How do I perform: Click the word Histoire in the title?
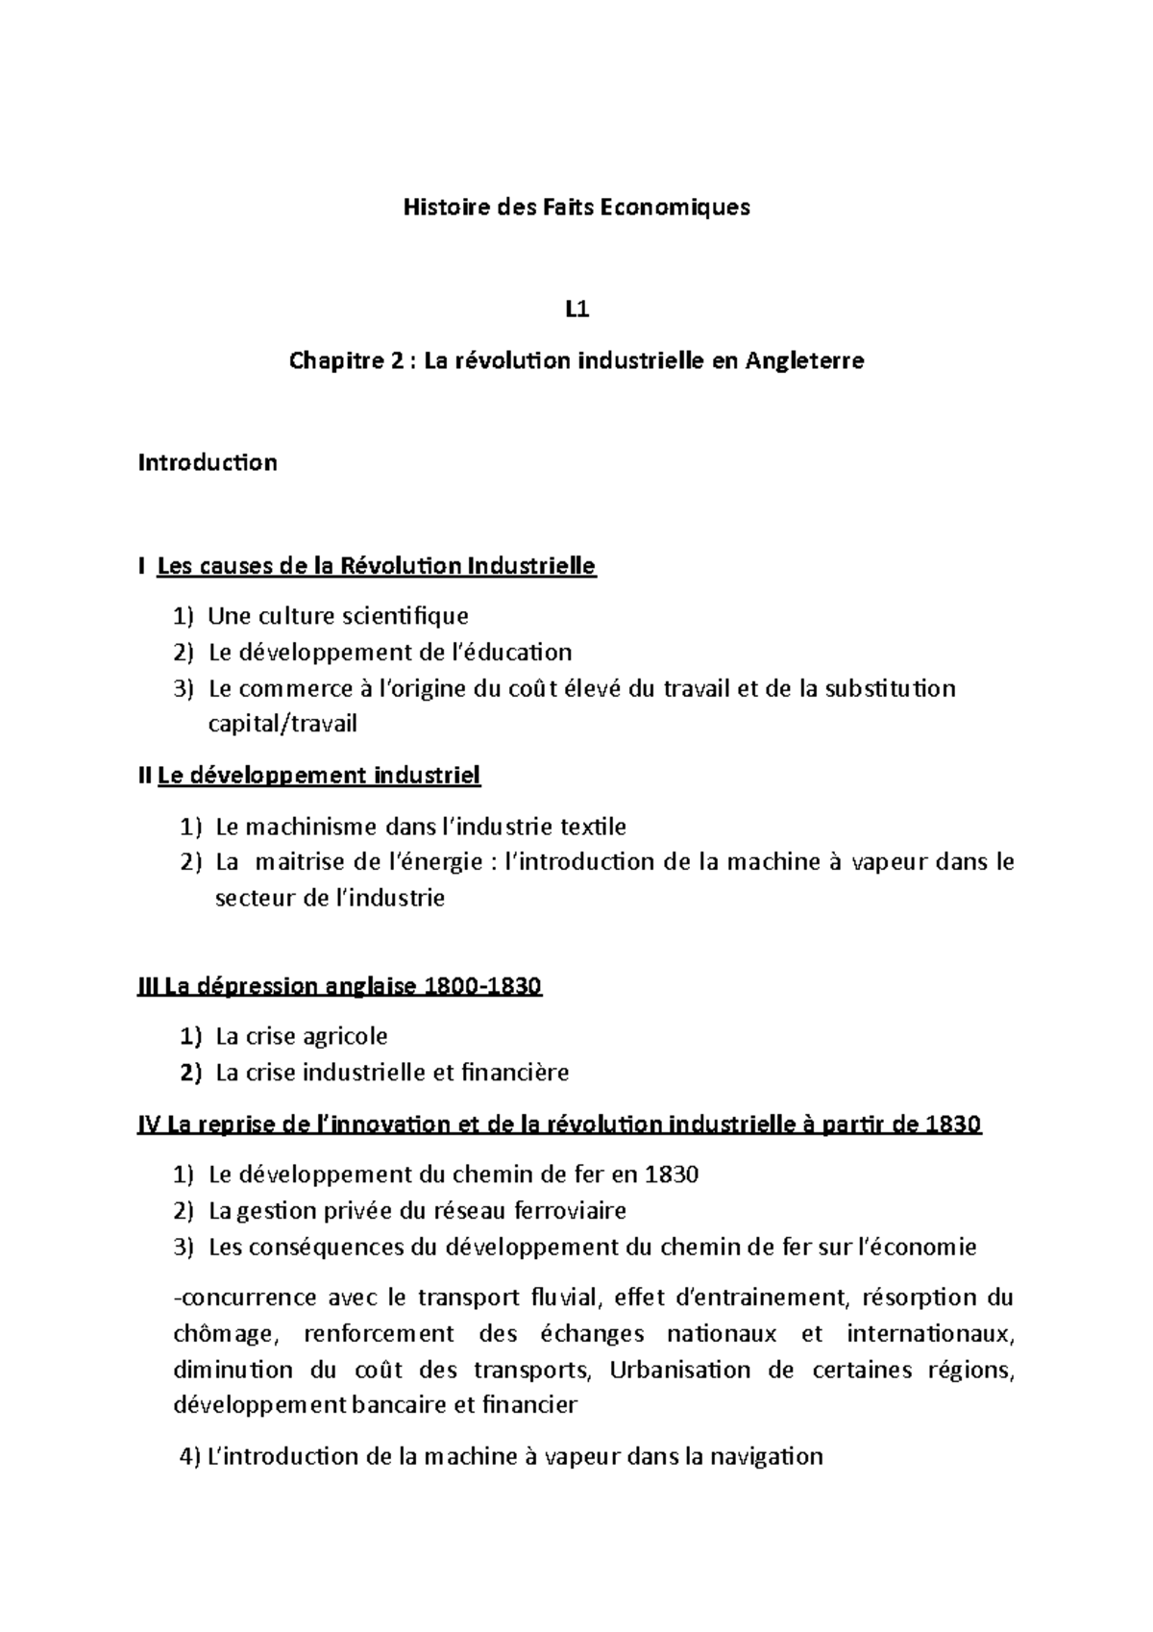coord(438,207)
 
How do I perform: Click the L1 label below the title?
coord(576,309)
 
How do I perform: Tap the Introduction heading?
coord(208,462)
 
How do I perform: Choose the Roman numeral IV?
coord(149,1125)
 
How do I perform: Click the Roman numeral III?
coord(149,987)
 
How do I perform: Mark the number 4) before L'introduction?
coord(190,1456)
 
